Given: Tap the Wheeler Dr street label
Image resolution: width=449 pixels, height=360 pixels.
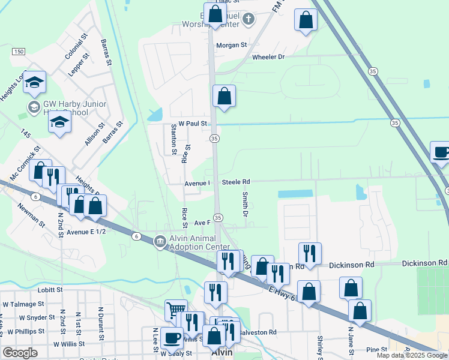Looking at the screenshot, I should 268,57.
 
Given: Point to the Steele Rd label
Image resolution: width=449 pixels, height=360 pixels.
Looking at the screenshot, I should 235,181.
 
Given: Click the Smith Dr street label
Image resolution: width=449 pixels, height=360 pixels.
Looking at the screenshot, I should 246,204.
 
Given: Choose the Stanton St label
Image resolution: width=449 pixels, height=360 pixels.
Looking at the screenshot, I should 173,139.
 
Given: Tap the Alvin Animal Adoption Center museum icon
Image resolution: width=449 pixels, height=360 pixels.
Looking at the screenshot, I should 160,241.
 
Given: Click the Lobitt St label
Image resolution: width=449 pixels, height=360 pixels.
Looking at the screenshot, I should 51,289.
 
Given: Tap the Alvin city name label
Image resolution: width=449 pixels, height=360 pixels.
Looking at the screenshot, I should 221,353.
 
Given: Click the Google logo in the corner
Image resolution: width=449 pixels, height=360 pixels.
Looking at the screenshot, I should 20,353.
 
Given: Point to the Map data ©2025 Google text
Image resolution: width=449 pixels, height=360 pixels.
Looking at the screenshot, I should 412,355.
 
